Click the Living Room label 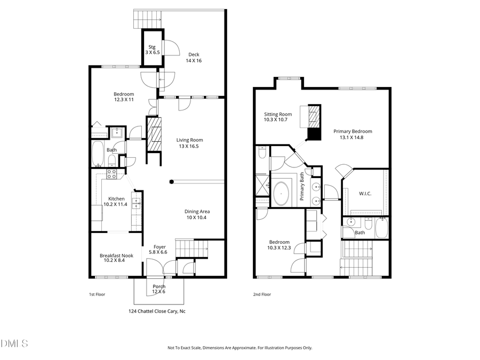190,143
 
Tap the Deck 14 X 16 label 194,57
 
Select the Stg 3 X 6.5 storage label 153,50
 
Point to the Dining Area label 196,214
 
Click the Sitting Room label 278,117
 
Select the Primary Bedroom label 353,134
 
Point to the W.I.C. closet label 365,193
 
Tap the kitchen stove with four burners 112,173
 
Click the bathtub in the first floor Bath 99,154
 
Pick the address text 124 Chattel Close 157,311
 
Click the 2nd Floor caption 261,294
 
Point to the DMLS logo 14,342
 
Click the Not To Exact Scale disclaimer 240,348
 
